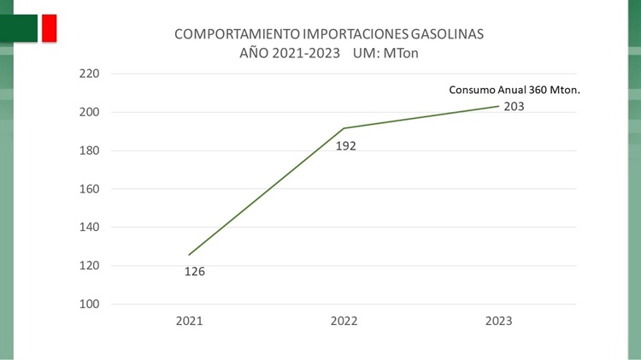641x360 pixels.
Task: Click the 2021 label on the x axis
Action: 190,322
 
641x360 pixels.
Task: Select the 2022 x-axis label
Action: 344,322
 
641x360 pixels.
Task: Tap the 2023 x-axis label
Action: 498,322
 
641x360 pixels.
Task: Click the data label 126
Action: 195,272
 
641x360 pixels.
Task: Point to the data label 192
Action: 345,145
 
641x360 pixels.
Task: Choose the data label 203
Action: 513,107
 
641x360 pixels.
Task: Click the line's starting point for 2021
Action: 190,254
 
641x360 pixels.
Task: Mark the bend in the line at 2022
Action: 344,128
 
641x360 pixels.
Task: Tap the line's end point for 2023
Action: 498,106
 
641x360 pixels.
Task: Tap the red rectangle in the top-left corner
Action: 49,27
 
